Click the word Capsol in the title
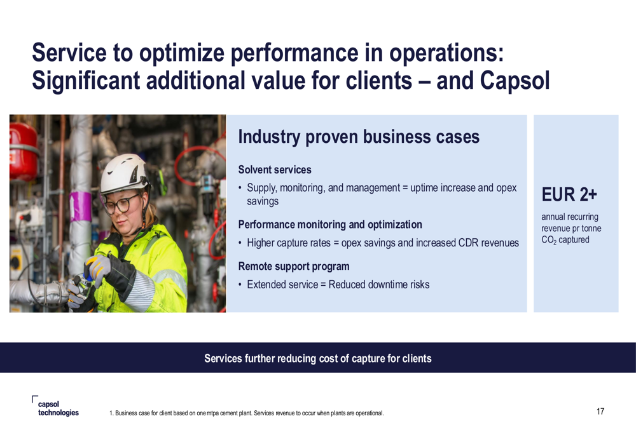(515, 80)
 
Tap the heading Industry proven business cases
(359, 137)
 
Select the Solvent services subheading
(275, 170)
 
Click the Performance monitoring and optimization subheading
(329, 224)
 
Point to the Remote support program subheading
(294, 266)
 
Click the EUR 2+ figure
(569, 194)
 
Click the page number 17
(600, 412)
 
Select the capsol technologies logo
(55, 406)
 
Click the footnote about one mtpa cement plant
(247, 413)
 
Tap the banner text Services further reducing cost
(317, 358)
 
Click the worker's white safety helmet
(124, 173)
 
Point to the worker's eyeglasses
(121, 204)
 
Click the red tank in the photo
(23, 151)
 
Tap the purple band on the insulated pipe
(81, 206)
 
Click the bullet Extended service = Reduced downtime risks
(338, 284)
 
